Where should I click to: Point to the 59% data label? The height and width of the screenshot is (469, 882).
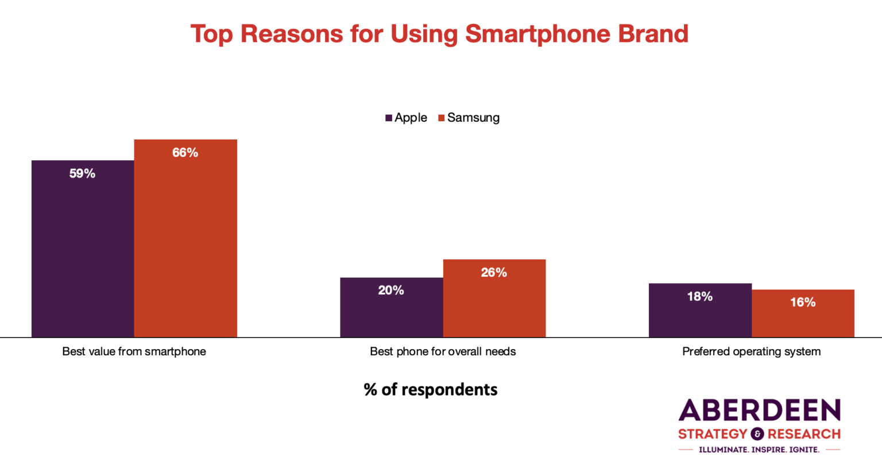82,174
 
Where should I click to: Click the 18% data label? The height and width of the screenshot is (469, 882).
700,297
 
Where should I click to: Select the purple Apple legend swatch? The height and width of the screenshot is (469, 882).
389,118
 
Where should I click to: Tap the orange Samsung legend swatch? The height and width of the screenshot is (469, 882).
442,118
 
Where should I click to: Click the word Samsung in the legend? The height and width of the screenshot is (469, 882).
473,118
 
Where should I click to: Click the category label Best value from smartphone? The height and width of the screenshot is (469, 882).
134,351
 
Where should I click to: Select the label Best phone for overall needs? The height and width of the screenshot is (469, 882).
443,351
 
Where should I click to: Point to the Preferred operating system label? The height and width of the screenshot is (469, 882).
751,351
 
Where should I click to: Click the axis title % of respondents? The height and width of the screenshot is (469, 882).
431,390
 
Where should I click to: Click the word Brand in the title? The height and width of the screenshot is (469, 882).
653,34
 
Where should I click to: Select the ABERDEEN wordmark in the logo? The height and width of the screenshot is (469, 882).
759,411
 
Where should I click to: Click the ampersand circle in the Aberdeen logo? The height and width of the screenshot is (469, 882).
757,434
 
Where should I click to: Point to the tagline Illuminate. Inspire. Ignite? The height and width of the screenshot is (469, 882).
759,449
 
